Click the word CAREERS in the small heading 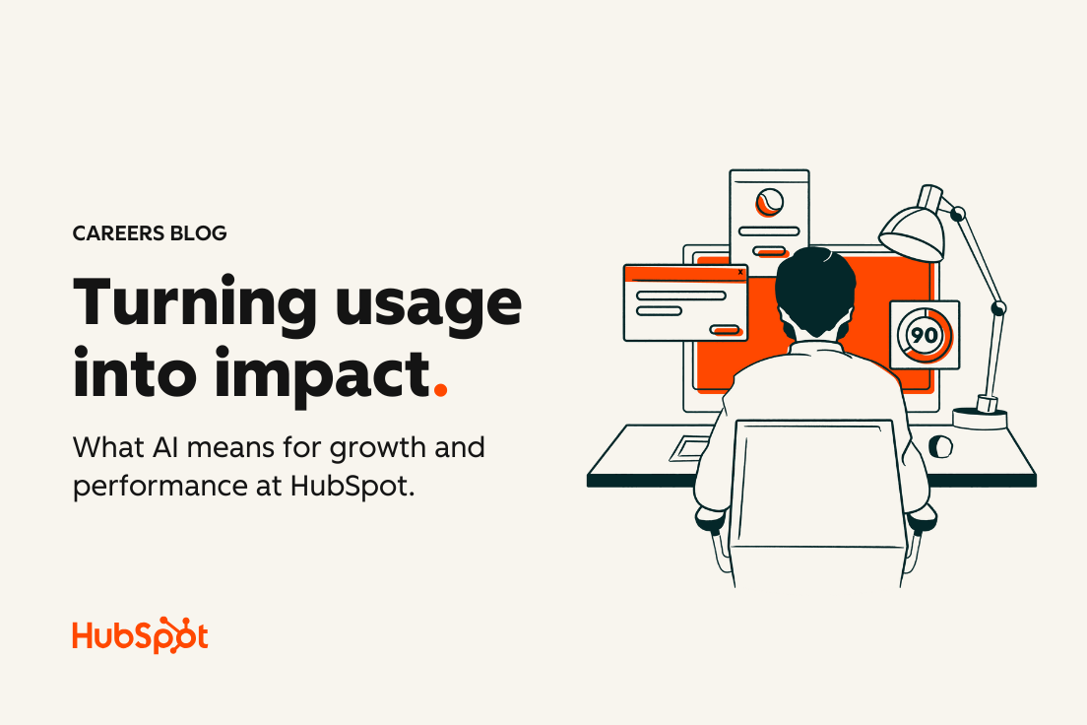tap(118, 233)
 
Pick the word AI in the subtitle tap(165, 447)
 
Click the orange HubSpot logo tap(140, 634)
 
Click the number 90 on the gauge tap(925, 336)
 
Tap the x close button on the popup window tap(740, 272)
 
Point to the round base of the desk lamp tap(980, 418)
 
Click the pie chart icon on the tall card tap(770, 202)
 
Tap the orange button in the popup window tap(726, 330)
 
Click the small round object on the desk tap(940, 446)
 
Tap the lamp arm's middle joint tap(998, 307)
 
